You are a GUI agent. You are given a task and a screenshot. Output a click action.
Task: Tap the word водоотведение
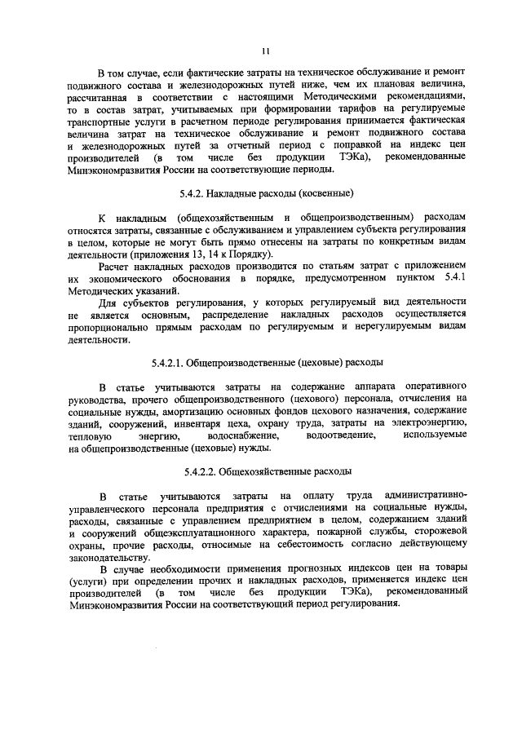[x=334, y=436]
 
